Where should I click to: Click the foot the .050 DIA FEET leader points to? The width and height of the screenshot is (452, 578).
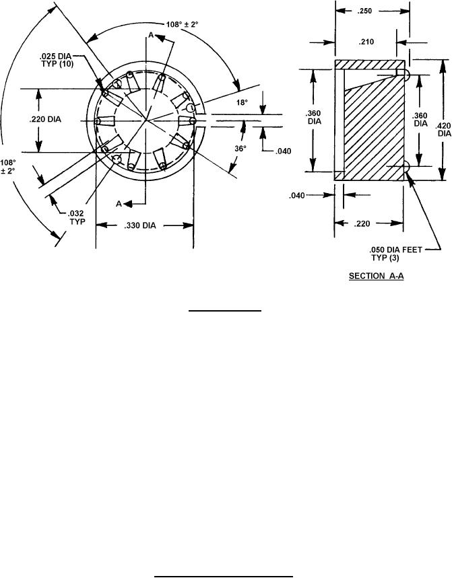point(406,167)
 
